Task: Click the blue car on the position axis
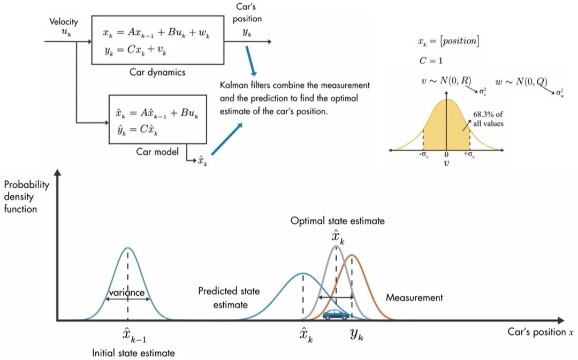pos(336,314)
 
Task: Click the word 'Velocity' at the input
pos(63,22)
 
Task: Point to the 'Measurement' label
pos(414,297)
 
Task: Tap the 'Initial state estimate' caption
pos(133,353)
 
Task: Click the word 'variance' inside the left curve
pos(127,293)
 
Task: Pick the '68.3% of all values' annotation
pos(489,119)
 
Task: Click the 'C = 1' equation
pos(431,60)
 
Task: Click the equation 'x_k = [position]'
pos(448,42)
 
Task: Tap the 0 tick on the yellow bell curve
pos(446,155)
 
